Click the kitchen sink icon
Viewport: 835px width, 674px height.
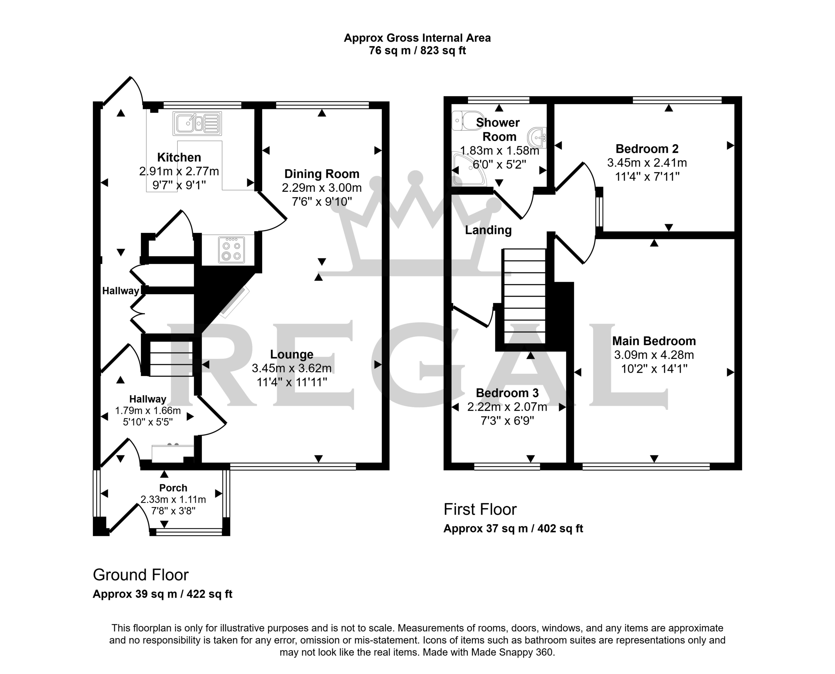click(x=197, y=124)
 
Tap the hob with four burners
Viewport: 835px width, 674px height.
click(x=232, y=250)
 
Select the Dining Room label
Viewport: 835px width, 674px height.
click(x=322, y=174)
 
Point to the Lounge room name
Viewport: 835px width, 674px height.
click(x=292, y=354)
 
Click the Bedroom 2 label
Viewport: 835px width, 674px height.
click(x=647, y=149)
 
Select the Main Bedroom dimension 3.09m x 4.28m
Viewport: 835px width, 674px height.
click(x=654, y=355)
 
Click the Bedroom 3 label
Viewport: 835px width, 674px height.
click(x=507, y=393)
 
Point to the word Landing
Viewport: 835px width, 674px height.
click(x=488, y=230)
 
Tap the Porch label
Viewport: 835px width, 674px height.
click(x=173, y=487)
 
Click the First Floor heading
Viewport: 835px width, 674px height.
click(x=480, y=509)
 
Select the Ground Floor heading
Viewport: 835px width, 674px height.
click(x=141, y=575)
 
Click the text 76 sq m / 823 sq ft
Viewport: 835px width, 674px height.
click(x=417, y=51)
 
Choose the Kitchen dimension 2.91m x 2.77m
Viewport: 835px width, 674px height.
click(x=179, y=171)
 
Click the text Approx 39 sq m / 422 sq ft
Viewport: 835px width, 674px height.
click(x=162, y=594)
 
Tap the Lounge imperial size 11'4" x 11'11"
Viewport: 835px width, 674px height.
click(x=292, y=382)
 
